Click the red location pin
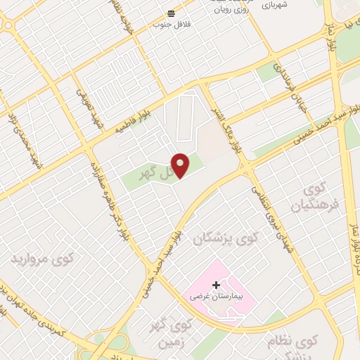(181, 165)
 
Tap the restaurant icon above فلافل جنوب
(171, 13)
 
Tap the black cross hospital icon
(215, 285)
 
